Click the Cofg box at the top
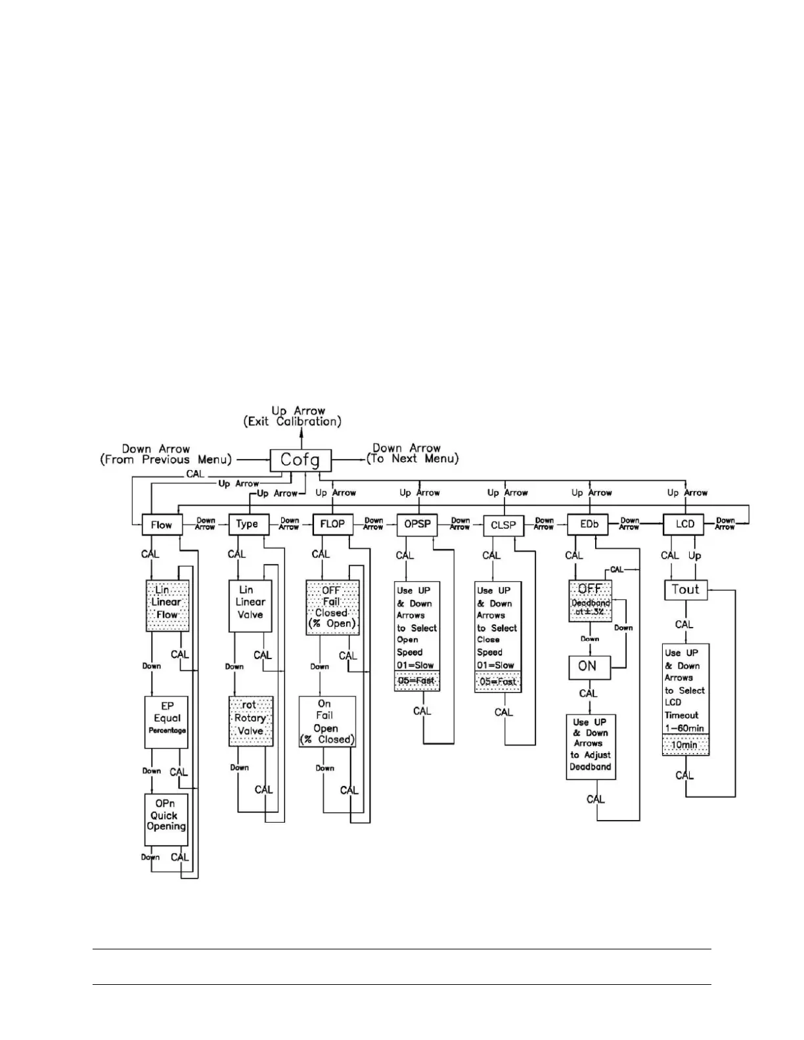tap(300, 460)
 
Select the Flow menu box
tap(162, 525)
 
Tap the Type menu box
tap(247, 524)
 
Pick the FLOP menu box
tap(332, 524)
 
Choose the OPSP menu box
tap(416, 525)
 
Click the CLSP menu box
tap(503, 525)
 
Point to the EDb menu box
tap(586, 525)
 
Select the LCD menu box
tap(684, 524)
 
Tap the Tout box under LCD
tap(684, 590)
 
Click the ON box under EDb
tap(589, 667)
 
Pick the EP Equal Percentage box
tap(167, 722)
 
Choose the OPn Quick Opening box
tap(166, 819)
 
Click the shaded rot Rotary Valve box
tap(250, 720)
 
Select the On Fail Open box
tap(326, 722)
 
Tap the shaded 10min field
tap(685, 745)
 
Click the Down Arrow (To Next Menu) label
tap(414, 454)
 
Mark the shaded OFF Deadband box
tap(590, 600)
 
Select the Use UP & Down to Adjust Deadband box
tap(591, 747)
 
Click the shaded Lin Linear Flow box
tap(167, 605)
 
